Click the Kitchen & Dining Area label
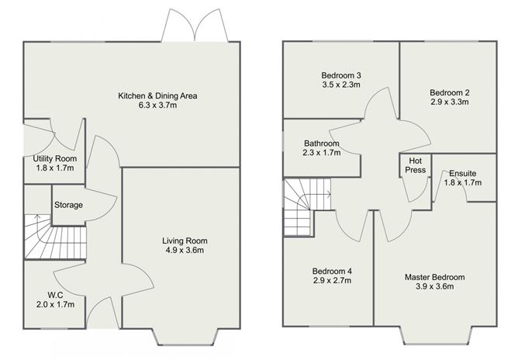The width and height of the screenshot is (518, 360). coord(157,96)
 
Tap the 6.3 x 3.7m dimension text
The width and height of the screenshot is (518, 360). coord(157,105)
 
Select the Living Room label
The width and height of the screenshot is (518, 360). coord(185,241)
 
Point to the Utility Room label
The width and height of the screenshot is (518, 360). coord(55,159)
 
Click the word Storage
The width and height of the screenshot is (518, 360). coord(68,205)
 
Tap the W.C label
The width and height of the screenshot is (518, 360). coord(55,295)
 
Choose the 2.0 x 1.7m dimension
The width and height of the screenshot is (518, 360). coord(55,304)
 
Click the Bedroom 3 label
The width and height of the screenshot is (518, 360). coord(341,75)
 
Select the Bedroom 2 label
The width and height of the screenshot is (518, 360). coord(449,92)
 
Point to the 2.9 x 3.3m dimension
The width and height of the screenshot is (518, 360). coord(449,102)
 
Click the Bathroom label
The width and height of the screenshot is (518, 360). coord(322,144)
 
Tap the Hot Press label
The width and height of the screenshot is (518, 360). coord(416,165)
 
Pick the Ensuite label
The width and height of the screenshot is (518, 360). coord(462,173)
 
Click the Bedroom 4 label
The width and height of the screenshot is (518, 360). coord(332,271)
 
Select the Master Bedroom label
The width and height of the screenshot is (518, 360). coord(435,277)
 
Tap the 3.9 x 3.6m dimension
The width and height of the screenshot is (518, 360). coord(435,286)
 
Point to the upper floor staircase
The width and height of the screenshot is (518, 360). coord(307,206)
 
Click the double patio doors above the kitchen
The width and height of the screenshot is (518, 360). coord(195,26)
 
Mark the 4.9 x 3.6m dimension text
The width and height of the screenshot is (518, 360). coord(185,250)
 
